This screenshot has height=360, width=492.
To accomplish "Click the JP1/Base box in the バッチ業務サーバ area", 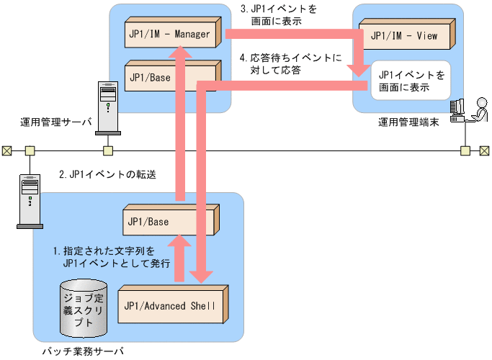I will [170, 222].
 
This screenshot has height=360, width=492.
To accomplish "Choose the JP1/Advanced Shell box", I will [173, 305].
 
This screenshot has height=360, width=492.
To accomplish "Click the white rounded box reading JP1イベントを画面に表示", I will [409, 81].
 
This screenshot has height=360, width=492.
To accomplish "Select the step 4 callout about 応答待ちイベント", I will [290, 63].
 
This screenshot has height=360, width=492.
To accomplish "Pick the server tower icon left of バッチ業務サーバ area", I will [29, 200].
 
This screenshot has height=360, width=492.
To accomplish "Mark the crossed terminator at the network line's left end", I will [6, 150].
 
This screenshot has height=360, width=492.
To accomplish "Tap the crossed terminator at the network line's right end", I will [485, 150].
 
